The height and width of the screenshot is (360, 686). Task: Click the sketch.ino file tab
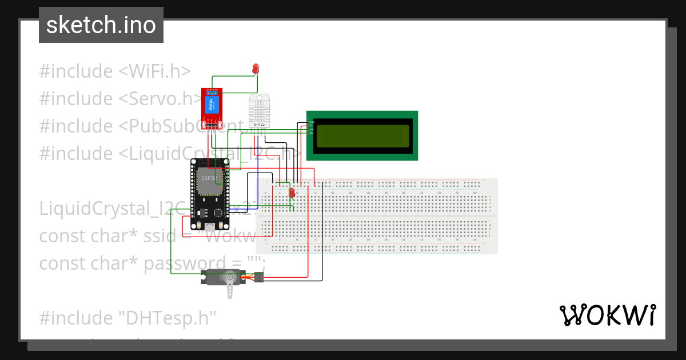[x=101, y=25]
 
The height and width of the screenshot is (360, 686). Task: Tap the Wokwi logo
[x=607, y=315]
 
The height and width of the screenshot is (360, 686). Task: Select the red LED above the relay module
[x=256, y=69]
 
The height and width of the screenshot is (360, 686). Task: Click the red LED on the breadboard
[x=292, y=193]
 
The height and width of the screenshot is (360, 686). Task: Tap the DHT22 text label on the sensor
[x=258, y=124]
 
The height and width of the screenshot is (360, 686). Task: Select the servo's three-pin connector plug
[x=259, y=278]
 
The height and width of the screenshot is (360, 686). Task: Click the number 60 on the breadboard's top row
[x=474, y=193]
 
